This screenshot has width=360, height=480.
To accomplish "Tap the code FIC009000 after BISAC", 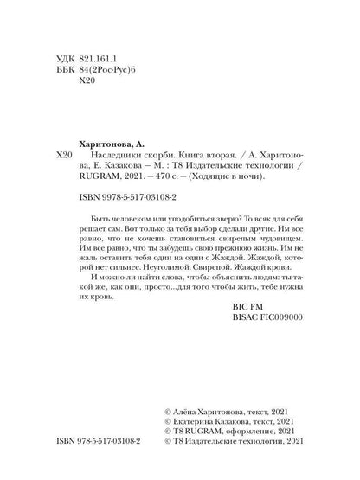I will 282,344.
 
